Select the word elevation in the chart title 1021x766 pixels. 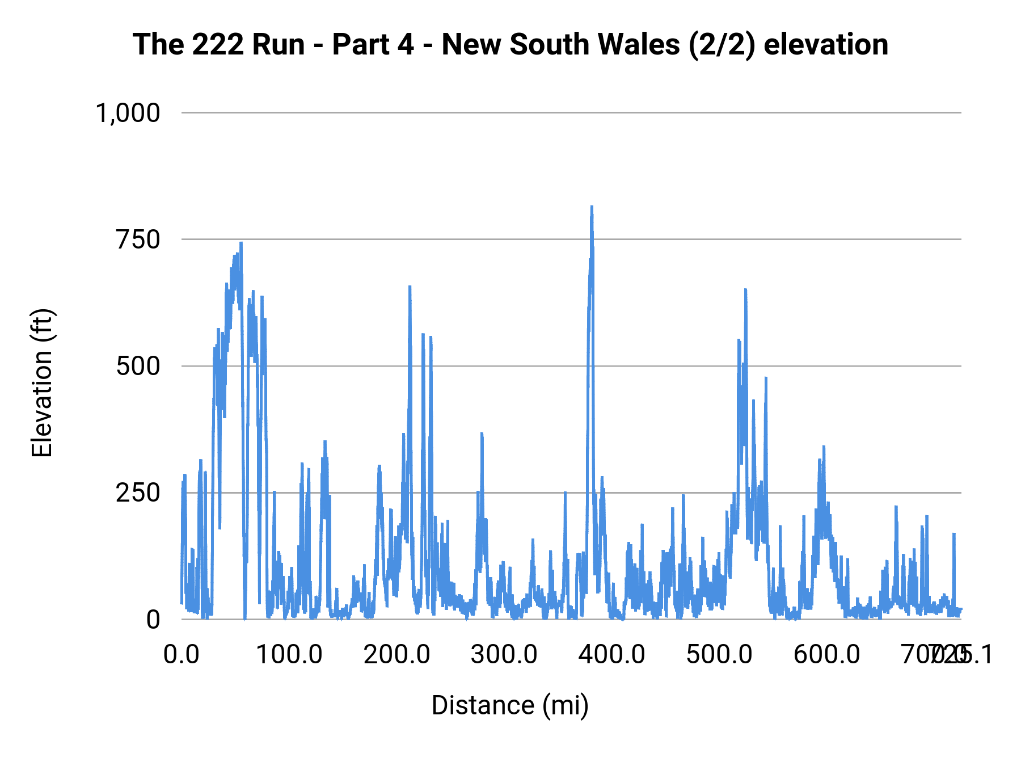(826, 44)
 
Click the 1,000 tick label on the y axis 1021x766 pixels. (128, 113)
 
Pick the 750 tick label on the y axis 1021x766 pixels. (138, 239)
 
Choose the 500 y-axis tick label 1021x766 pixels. (138, 366)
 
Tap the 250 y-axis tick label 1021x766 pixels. (138, 493)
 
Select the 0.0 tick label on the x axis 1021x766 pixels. (182, 655)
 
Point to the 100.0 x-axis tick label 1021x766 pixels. (289, 655)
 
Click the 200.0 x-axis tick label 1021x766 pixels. (396, 655)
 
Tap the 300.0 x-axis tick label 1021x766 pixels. (504, 655)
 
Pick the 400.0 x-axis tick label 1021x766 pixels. (611, 655)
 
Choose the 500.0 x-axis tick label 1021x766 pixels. (719, 655)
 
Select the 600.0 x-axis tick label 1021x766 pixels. (826, 655)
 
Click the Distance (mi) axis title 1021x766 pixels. (510, 705)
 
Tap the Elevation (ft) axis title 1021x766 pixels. (42, 383)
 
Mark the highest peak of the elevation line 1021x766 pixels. (592, 207)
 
